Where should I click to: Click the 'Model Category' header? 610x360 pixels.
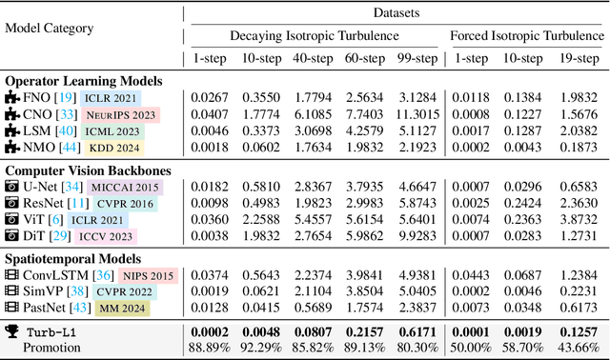click(x=50, y=28)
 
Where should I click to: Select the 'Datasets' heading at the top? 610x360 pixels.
click(x=396, y=13)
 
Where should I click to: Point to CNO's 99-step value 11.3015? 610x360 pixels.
click(x=416, y=114)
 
